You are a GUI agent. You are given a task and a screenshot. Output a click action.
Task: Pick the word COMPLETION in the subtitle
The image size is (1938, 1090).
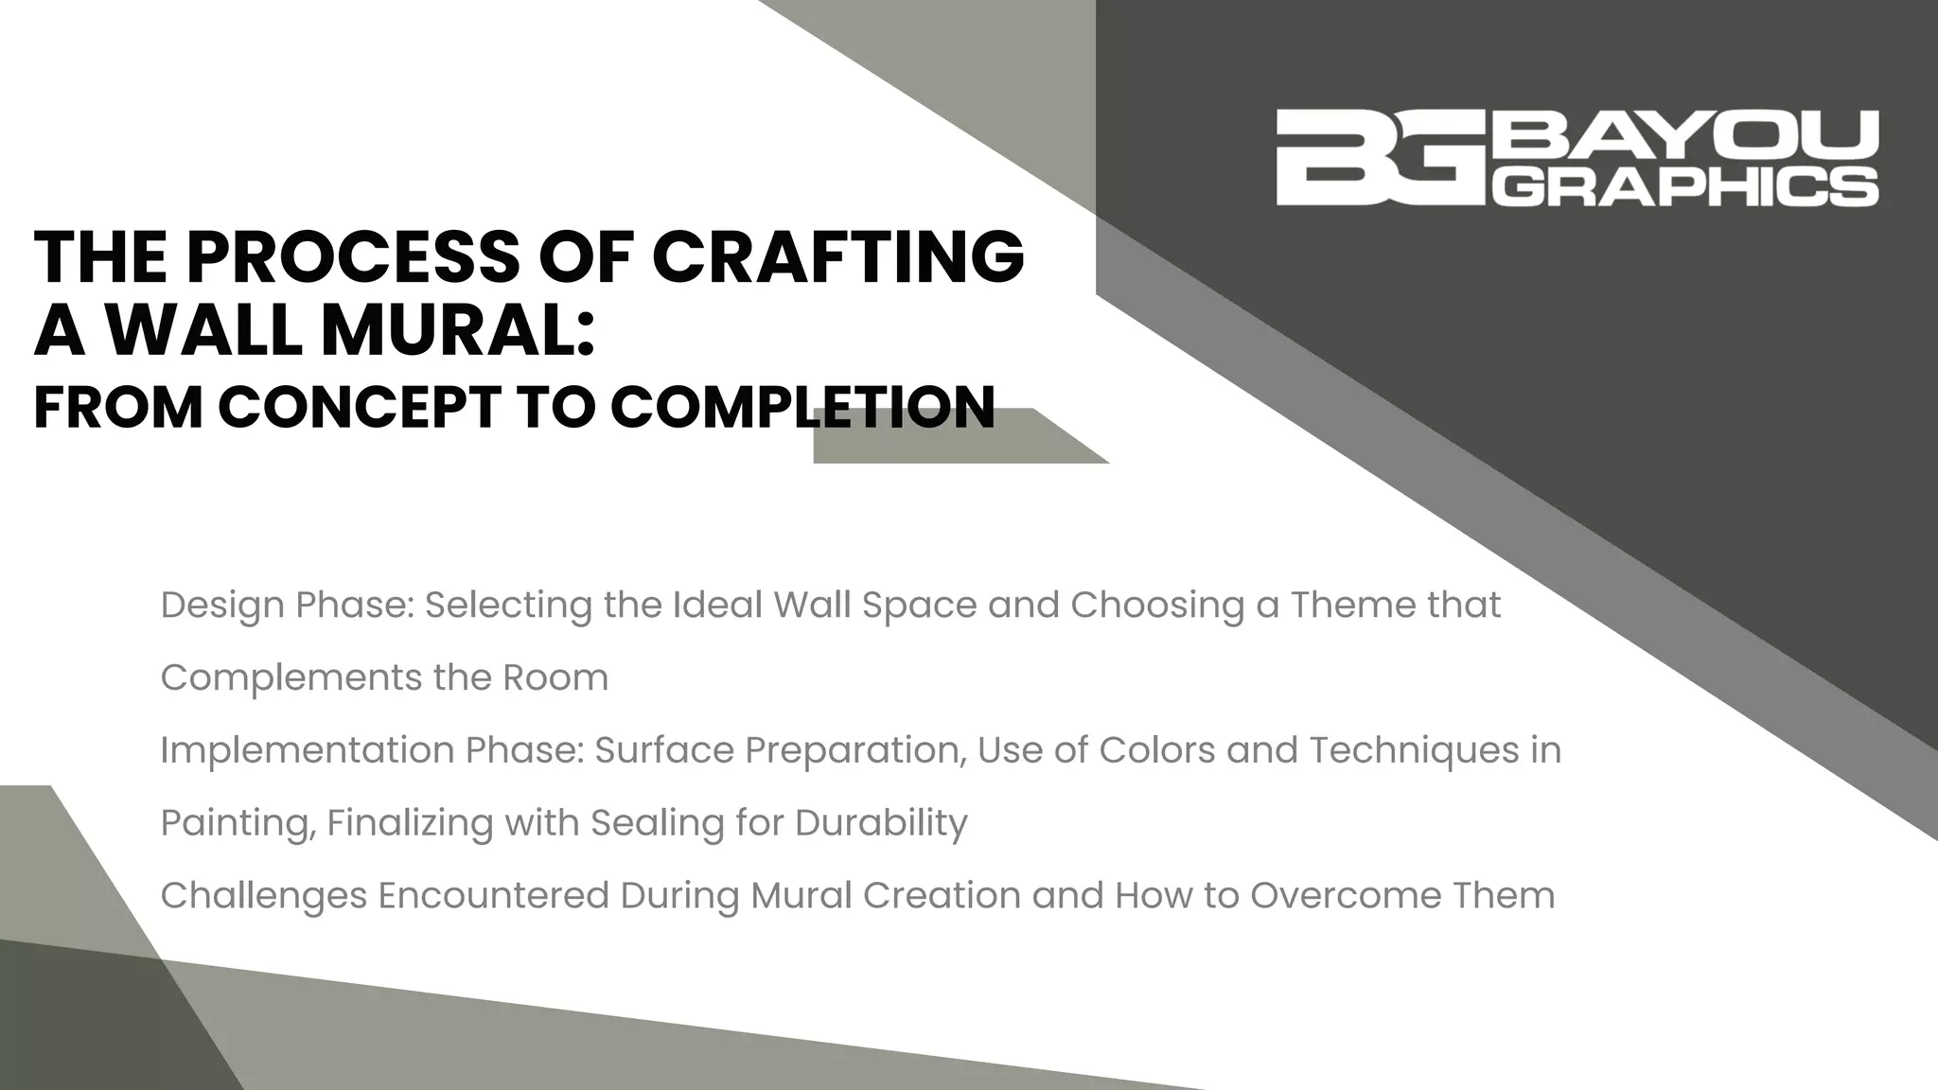[802, 407]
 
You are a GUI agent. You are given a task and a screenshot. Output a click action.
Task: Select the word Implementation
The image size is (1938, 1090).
[307, 750]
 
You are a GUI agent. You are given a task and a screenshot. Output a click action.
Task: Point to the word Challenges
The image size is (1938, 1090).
[264, 896]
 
